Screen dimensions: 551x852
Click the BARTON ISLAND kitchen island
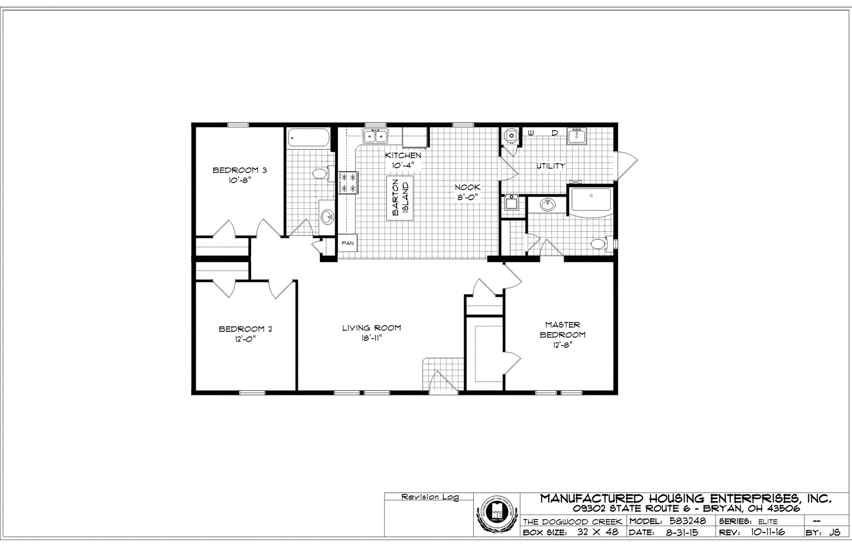click(400, 198)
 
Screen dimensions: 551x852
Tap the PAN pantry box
click(347, 243)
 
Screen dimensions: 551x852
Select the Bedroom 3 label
click(239, 170)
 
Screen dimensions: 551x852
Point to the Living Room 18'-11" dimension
click(371, 339)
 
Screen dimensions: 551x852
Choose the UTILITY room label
click(551, 166)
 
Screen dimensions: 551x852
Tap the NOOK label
click(468, 187)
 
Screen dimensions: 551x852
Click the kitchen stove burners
click(348, 183)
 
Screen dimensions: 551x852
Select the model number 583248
click(688, 521)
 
